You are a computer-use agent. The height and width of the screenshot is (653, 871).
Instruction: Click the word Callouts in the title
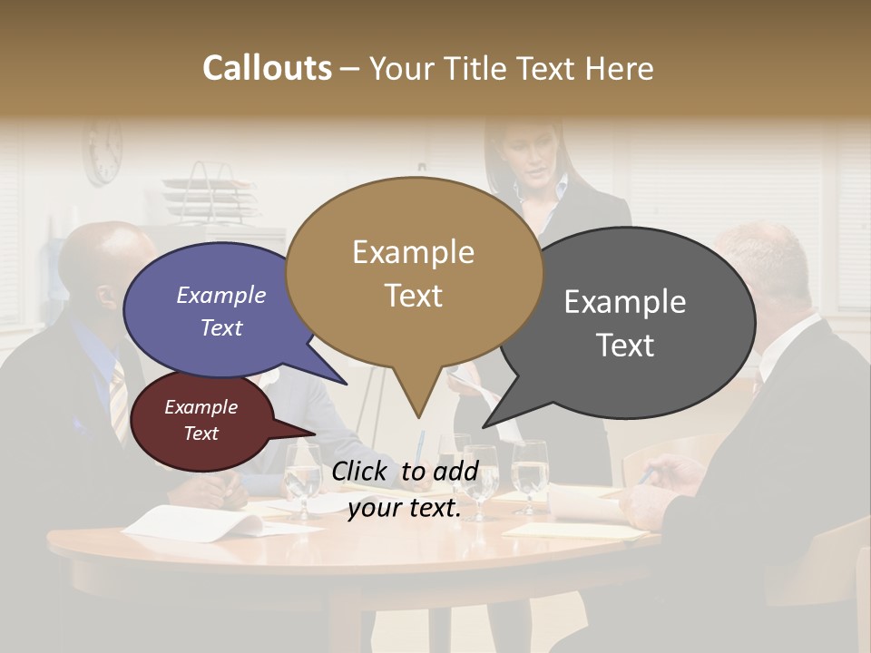tap(267, 68)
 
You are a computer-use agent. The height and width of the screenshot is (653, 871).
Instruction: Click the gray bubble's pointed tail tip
tap(484, 425)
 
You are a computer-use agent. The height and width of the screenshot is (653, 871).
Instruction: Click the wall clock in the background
tap(103, 152)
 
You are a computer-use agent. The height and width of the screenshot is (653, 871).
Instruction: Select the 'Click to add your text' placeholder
tap(404, 490)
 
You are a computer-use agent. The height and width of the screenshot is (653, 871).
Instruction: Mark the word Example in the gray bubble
tap(625, 301)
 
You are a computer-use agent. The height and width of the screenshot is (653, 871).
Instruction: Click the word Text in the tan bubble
tap(414, 296)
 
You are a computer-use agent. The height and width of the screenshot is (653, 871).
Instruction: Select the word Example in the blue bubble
tap(221, 295)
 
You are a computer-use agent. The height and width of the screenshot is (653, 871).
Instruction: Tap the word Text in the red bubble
tap(201, 434)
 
